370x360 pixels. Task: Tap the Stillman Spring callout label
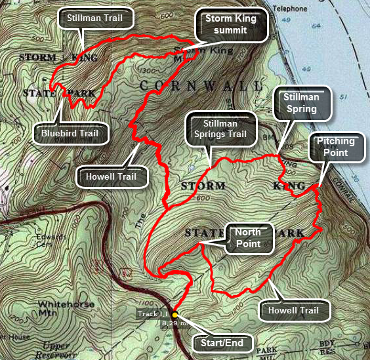300,103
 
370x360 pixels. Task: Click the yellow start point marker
175,314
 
